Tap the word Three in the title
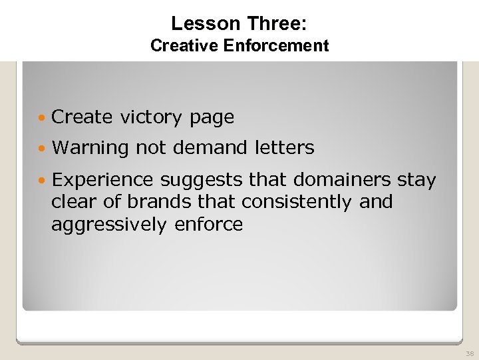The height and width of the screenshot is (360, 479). click(x=277, y=24)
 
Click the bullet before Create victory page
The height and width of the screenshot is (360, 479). click(x=43, y=117)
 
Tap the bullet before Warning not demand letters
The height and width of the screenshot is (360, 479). click(x=43, y=148)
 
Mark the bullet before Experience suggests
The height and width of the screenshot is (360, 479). click(x=43, y=181)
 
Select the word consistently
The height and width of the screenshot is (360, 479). click(x=297, y=201)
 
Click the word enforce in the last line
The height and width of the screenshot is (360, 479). click(x=208, y=225)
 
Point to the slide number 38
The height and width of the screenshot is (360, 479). click(x=470, y=353)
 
